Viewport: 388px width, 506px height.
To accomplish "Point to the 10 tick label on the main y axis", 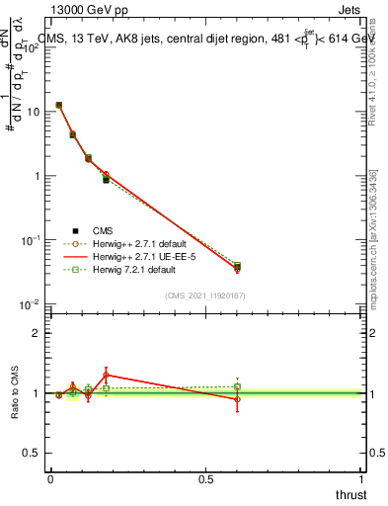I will coord(33,112).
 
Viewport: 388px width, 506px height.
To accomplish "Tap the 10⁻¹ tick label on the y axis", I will coord(31,240).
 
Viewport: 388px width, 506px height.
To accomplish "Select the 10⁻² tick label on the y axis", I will coord(31,304).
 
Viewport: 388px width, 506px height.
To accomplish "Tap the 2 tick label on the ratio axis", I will coord(37,333).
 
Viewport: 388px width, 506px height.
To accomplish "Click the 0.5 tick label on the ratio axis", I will coord(32,453).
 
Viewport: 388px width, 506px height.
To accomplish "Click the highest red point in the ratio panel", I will coord(106,375).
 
